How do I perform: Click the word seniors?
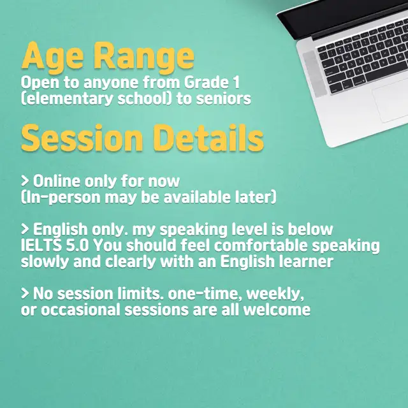tap(223, 99)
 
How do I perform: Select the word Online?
tap(57, 181)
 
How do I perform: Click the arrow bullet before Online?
tap(25, 181)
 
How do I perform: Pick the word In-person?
tap(61, 198)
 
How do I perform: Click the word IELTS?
tap(41, 245)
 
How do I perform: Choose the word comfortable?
tap(261, 245)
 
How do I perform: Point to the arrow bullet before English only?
tap(25, 229)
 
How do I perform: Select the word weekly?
tap(275, 294)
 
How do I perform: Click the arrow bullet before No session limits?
tap(25, 293)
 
